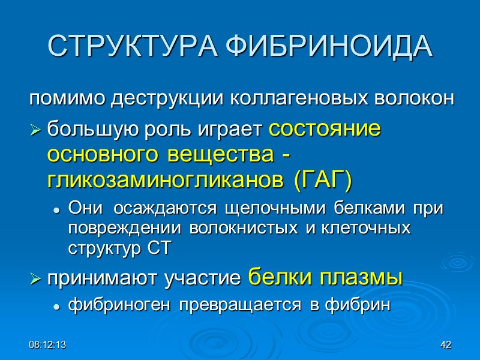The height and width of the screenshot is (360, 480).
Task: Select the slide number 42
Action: click(445, 345)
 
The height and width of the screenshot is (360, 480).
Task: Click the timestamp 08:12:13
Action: click(47, 345)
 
